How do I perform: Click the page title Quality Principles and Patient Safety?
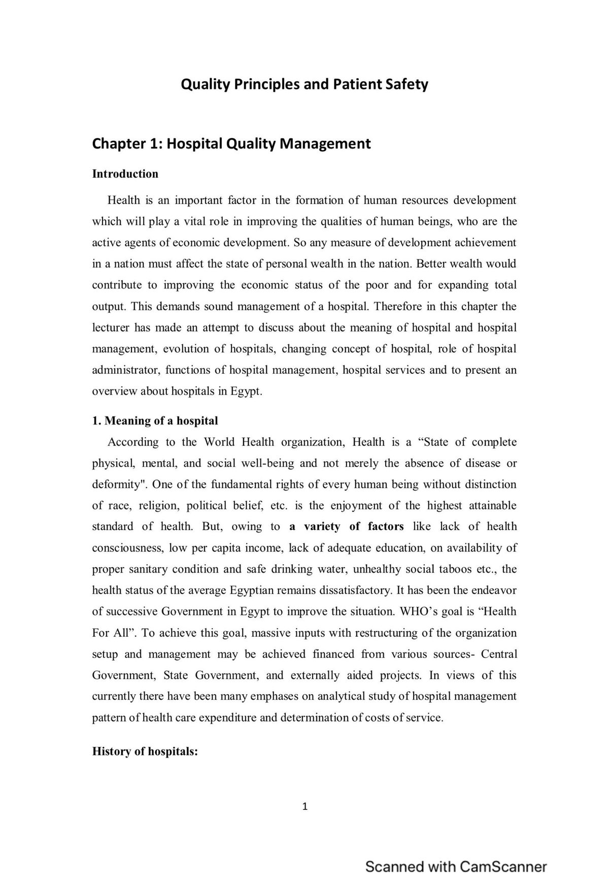pos(304,84)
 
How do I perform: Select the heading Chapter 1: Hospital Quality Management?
pos(231,144)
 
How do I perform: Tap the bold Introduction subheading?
pos(125,174)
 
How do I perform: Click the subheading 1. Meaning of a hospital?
pos(155,420)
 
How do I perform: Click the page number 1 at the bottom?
pos(304,806)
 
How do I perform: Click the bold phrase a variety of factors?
pos(347,527)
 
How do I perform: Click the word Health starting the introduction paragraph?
pos(123,200)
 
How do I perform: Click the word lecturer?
pos(111,328)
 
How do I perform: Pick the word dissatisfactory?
pos(352,590)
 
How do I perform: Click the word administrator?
pos(126,370)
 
